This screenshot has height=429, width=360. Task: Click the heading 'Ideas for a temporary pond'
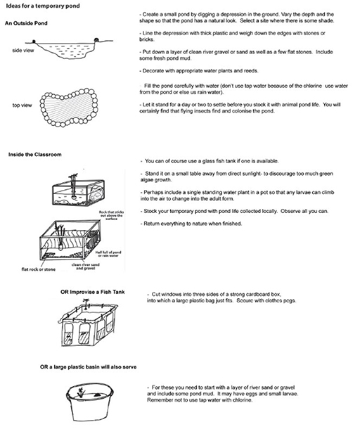pyautogui.click(x=43, y=6)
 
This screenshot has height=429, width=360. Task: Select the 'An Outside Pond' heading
pyautogui.click(x=26, y=23)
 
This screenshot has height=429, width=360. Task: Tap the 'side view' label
pyautogui.click(x=23, y=51)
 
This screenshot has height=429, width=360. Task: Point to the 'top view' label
pyautogui.click(x=22, y=105)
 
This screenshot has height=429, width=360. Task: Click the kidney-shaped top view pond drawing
pyautogui.click(x=69, y=107)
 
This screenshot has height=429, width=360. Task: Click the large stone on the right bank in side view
pyautogui.click(x=96, y=40)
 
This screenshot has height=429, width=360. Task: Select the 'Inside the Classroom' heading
pyautogui.click(x=34, y=155)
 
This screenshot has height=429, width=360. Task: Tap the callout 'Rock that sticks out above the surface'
pyautogui.click(x=111, y=215)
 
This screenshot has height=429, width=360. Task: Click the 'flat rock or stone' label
pyautogui.click(x=38, y=269)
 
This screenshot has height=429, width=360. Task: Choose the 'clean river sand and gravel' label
pyautogui.click(x=85, y=267)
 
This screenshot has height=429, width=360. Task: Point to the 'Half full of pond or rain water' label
pyautogui.click(x=108, y=254)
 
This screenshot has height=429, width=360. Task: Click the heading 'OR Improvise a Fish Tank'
pyautogui.click(x=93, y=292)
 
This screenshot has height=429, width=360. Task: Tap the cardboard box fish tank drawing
pyautogui.click(x=88, y=324)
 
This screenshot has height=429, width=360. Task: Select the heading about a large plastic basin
pyautogui.click(x=88, y=367)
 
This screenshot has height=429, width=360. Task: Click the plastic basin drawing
pyautogui.click(x=89, y=402)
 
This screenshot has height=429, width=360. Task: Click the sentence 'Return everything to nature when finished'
pyautogui.click(x=193, y=224)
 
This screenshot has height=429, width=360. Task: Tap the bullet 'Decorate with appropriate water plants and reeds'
pyautogui.click(x=199, y=71)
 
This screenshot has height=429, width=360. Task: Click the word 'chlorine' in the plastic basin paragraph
pyautogui.click(x=242, y=400)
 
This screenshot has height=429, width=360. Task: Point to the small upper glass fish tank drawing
pyautogui.click(x=78, y=191)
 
